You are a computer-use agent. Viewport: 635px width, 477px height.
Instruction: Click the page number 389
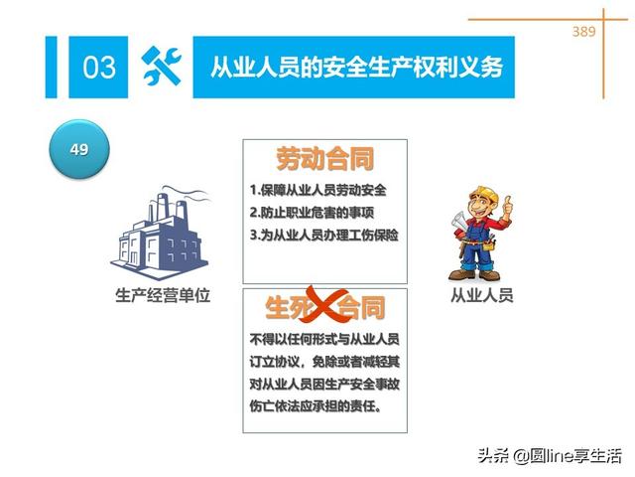[x=583, y=32]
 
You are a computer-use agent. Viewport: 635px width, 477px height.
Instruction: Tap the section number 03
[x=99, y=68]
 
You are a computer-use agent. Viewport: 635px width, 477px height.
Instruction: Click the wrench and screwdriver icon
[x=161, y=67]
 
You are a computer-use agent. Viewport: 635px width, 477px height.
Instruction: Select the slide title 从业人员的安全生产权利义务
[x=356, y=68]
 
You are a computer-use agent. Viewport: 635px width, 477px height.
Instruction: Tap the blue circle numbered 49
[x=78, y=150]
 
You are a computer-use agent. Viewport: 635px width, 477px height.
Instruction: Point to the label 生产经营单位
[x=164, y=295]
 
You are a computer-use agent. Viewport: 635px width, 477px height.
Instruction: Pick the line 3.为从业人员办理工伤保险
[x=323, y=236]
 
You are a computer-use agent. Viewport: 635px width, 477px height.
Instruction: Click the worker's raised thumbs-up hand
[x=507, y=207]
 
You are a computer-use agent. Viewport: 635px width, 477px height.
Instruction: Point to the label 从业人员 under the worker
[x=482, y=295]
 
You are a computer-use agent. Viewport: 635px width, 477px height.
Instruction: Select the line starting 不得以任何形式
[x=324, y=338]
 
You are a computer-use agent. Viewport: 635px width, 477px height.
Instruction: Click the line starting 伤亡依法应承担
[x=316, y=406]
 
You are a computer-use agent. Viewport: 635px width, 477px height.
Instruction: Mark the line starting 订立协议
[x=324, y=361]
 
